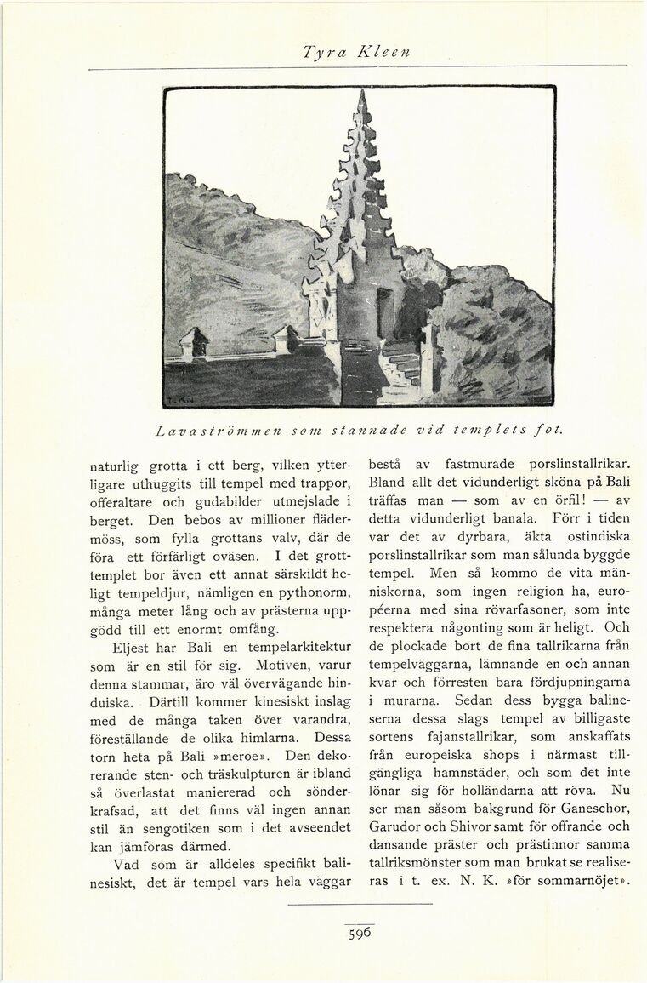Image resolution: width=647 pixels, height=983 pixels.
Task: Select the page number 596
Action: (360, 933)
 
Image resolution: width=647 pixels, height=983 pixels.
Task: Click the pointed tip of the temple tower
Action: (362, 94)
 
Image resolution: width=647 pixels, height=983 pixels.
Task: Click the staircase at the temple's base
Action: (400, 366)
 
